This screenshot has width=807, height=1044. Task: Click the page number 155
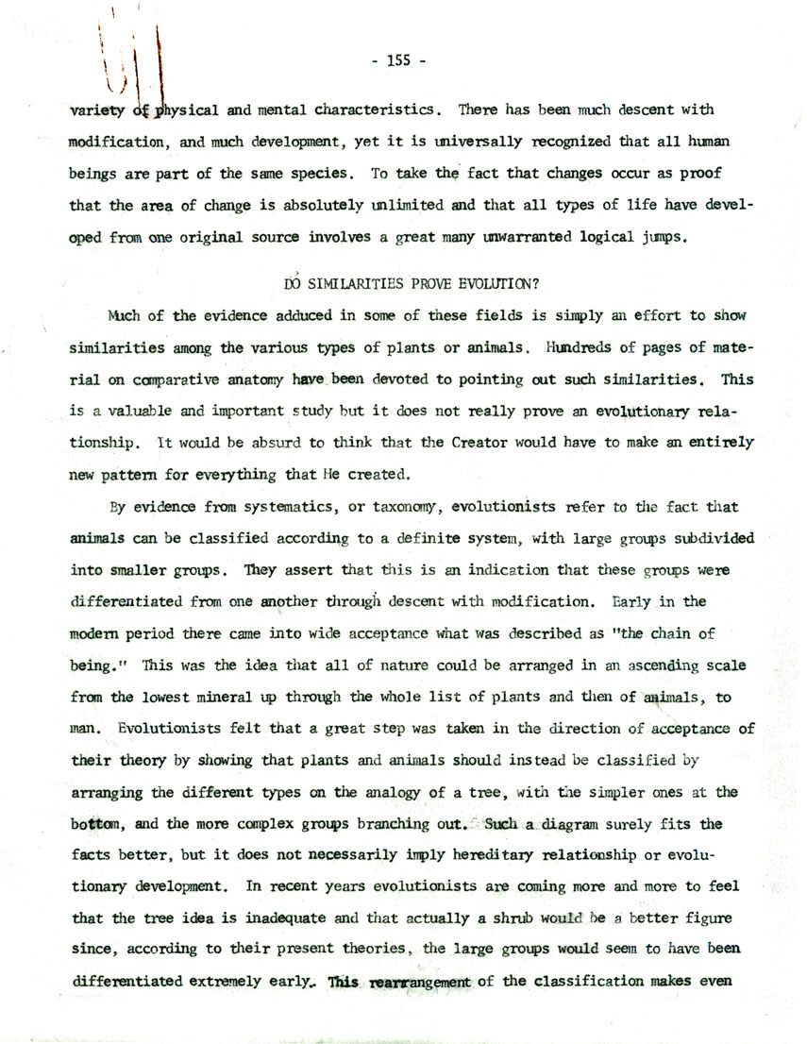click(400, 64)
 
